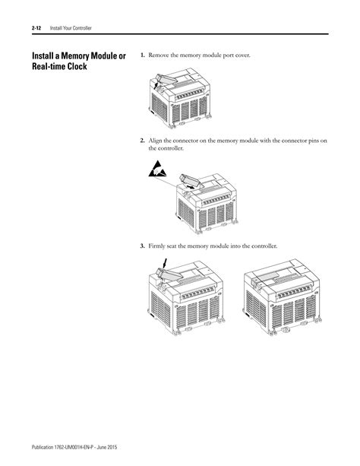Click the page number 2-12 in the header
(36, 28)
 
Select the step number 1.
(142, 56)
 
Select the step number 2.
(142, 141)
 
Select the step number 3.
(142, 246)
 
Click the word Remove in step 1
(160, 56)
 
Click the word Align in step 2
(156, 141)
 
